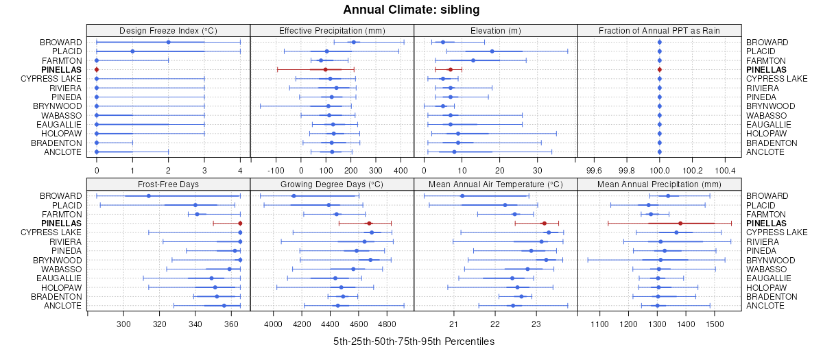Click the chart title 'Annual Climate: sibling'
pyautogui.click(x=411, y=10)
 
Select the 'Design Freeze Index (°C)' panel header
pyautogui.click(x=168, y=30)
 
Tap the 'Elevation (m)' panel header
pyautogui.click(x=496, y=30)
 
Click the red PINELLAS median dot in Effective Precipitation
pyautogui.click(x=325, y=70)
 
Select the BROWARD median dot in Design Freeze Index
pyautogui.click(x=168, y=43)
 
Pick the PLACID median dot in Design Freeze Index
pyautogui.click(x=132, y=51)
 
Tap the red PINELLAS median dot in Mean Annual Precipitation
pyautogui.click(x=680, y=224)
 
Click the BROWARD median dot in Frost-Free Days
pyautogui.click(x=148, y=196)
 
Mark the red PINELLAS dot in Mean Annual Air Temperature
pyautogui.click(x=544, y=224)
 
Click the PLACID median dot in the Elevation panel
pyautogui.click(x=492, y=51)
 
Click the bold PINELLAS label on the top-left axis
pyautogui.click(x=61, y=70)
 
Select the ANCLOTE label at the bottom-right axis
pyautogui.click(x=765, y=306)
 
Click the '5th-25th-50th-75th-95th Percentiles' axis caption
pyautogui.click(x=414, y=341)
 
